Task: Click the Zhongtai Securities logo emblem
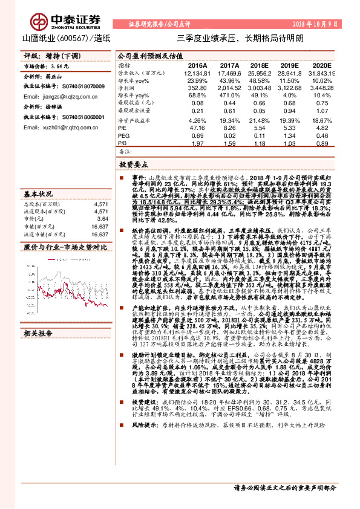(41, 22)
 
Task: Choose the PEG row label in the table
(123, 135)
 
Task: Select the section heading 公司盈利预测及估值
(149, 55)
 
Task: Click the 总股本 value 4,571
(102, 204)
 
